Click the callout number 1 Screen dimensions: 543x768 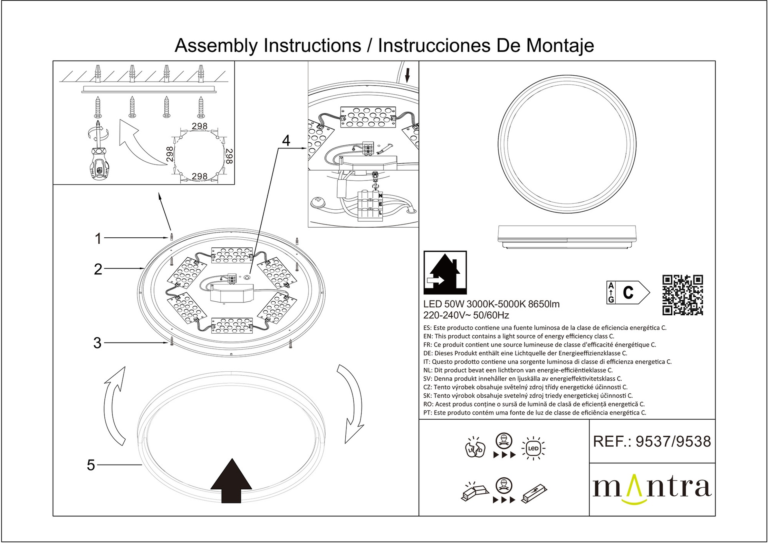(98, 238)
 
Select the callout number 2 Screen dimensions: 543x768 (98, 269)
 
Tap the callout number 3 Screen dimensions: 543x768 (97, 343)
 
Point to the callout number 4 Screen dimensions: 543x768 (286, 140)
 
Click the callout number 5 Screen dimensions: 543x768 (91, 465)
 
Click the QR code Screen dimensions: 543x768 (682, 295)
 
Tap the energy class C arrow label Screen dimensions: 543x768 (628, 293)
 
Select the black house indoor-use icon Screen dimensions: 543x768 (445, 273)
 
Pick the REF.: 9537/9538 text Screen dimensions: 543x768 (652, 441)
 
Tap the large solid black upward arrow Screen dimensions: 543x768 (231, 481)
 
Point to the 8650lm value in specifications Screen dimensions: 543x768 (544, 304)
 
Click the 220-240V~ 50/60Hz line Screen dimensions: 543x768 (466, 315)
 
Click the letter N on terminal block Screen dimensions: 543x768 (380, 196)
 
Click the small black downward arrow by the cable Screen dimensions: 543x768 (408, 75)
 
